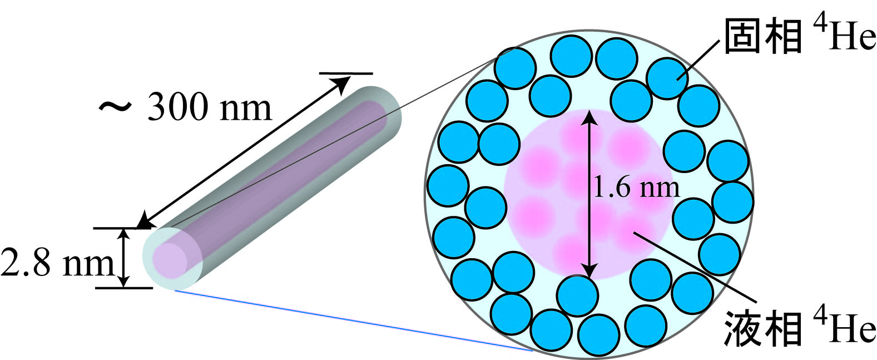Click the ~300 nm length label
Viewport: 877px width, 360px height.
coord(185,106)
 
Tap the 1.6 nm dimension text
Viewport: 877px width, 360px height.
coord(637,188)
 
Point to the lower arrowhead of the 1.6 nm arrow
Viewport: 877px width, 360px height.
coord(589,270)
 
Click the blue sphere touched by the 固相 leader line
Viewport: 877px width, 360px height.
coord(667,78)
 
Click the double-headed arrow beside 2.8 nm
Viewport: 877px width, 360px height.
coord(124,258)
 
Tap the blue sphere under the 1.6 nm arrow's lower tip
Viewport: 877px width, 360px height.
coord(577,295)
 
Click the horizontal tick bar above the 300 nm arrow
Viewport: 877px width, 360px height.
coord(346,73)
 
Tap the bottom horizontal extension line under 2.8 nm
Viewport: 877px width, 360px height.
coord(123,288)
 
